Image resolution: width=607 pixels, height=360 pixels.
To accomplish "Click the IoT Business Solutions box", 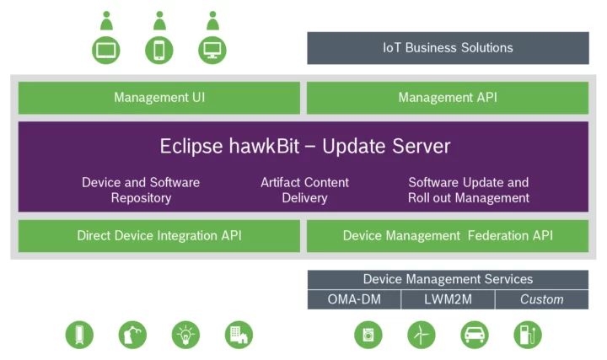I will [x=448, y=47].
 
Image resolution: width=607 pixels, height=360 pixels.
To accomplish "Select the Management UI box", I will [x=159, y=98].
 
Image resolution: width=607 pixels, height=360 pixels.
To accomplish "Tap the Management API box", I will [x=448, y=98].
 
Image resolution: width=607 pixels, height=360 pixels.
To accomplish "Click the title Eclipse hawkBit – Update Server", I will [x=304, y=146].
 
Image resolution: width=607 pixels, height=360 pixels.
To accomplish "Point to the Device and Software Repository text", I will [x=141, y=191].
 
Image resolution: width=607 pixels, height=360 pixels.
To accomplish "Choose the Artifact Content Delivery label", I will [x=304, y=191].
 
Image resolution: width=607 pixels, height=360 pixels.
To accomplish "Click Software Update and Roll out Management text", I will [x=469, y=191].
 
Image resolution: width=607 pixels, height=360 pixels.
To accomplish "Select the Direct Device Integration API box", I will [x=159, y=236].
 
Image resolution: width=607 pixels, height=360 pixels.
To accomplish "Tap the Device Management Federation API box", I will [x=448, y=236].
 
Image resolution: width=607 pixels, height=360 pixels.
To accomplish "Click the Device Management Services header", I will [x=448, y=279].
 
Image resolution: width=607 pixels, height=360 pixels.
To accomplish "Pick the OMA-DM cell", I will [x=353, y=299].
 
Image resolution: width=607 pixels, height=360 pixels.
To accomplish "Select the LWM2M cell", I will [x=447, y=299].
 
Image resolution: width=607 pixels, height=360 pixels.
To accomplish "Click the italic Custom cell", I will [x=541, y=299].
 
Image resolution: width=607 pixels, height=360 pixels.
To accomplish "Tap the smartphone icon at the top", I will [x=159, y=49].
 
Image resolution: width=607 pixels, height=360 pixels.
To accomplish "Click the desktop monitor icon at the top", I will [x=212, y=49].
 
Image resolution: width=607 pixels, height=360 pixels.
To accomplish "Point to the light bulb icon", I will [x=185, y=335].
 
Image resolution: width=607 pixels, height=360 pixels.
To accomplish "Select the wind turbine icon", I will [x=422, y=335].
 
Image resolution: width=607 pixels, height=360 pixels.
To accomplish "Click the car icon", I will [x=475, y=335].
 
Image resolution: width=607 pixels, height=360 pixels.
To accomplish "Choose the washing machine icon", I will [x=368, y=335].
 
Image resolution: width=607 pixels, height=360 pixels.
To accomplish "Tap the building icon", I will [x=239, y=335].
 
